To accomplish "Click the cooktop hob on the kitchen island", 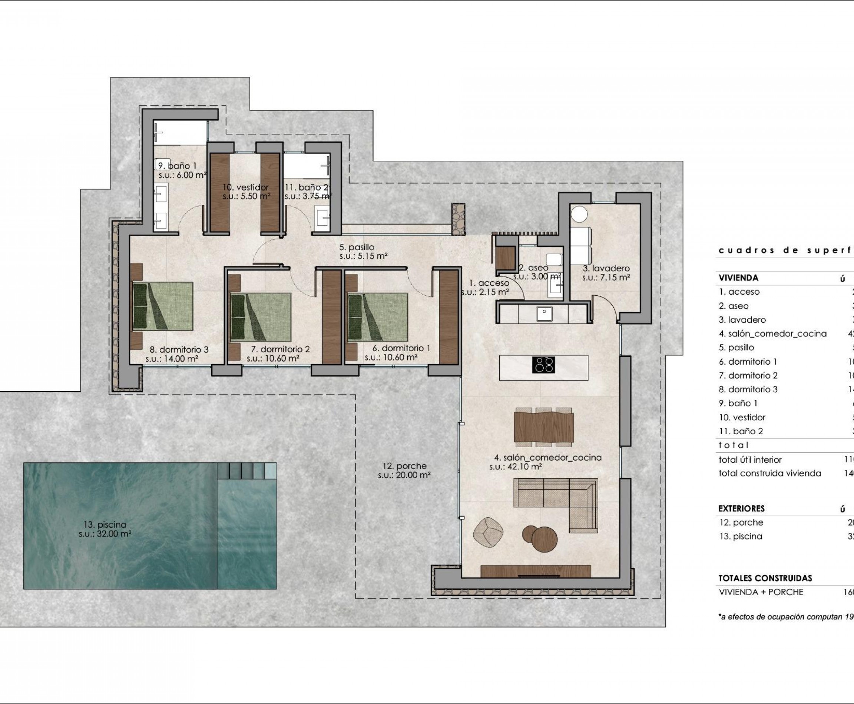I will point(543,365).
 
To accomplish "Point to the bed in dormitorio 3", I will point(163,306).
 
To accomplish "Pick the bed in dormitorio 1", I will point(378,317).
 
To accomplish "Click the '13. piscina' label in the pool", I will point(105,525).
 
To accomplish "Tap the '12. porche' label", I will point(404,466).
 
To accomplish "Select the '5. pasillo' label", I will point(357,247).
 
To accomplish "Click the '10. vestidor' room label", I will point(245,187).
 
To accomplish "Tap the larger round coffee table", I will point(544,539).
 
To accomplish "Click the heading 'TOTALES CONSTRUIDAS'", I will point(765,578).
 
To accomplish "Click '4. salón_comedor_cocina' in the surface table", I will point(772,333).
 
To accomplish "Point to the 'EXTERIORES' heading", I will point(741,508).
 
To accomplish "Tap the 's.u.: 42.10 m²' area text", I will point(516,467).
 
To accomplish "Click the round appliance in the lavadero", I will point(579,214).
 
